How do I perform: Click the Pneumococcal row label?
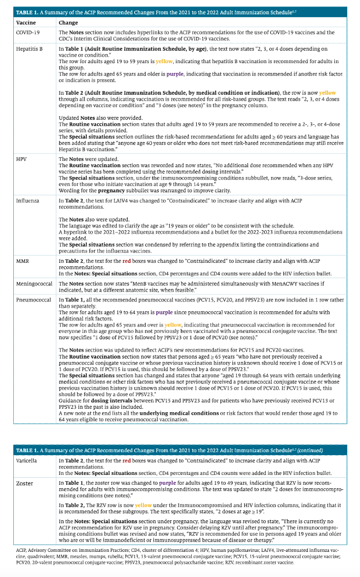32,300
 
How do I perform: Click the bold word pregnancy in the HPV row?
112,190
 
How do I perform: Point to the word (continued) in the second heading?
309,450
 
